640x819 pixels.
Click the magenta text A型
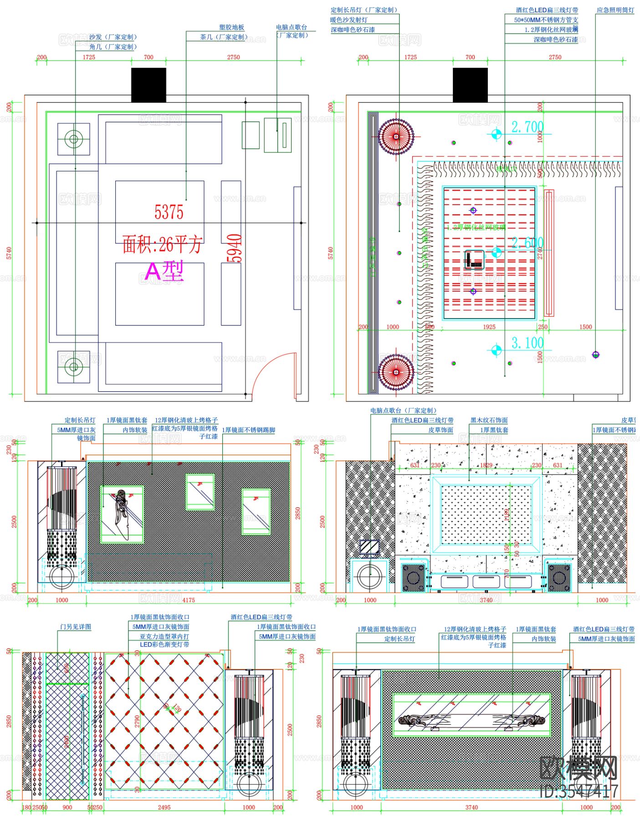tap(164, 272)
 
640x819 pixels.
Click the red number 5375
tap(169, 212)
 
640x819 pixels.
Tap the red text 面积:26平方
tap(162, 245)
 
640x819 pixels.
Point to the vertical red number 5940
tap(235, 248)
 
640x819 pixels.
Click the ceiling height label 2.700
tap(527, 127)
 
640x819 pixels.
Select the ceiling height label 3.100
tap(527, 343)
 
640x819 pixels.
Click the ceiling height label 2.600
tap(527, 243)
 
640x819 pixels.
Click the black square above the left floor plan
tap(148, 85)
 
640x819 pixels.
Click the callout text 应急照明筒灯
tap(615, 10)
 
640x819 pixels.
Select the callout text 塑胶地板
tap(231, 27)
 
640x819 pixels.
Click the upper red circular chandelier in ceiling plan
tap(396, 136)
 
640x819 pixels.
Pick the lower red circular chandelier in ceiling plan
tap(396, 372)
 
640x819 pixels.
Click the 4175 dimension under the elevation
tap(189, 600)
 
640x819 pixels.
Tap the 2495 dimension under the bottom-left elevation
tap(164, 807)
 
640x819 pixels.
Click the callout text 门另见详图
tap(76, 627)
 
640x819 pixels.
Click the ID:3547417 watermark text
tap(579, 791)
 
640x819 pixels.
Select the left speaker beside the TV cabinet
tap(414, 578)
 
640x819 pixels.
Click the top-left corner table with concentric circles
tap(73, 139)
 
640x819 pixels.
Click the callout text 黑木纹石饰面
tap(489, 420)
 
